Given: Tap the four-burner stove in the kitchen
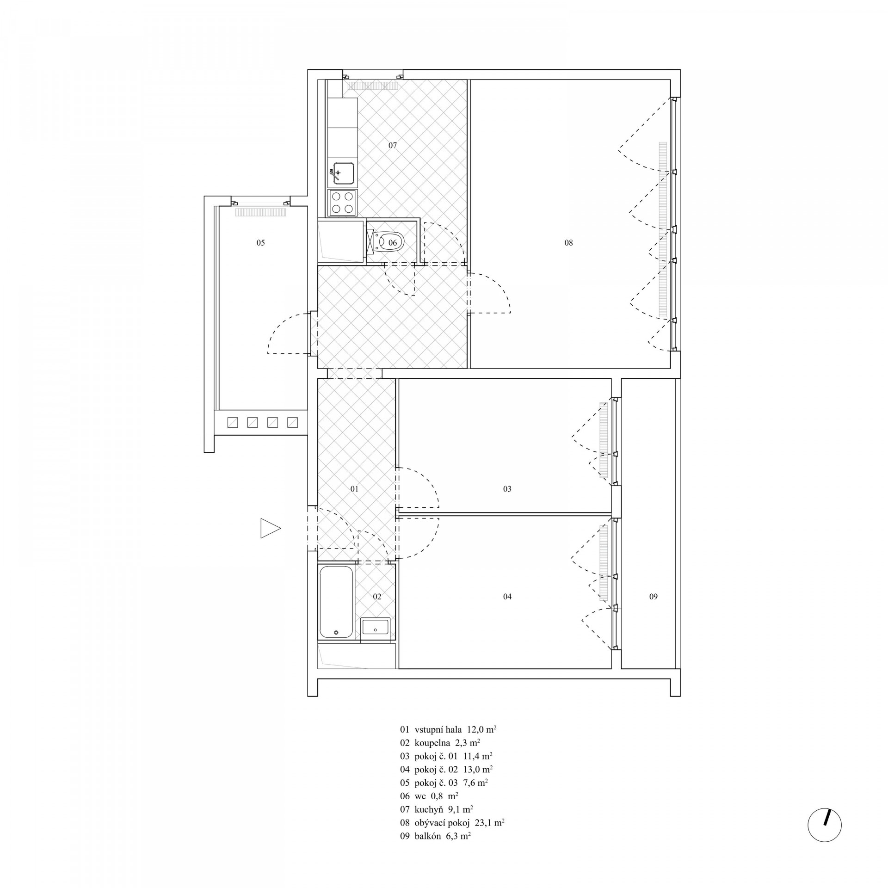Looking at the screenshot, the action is point(342,203).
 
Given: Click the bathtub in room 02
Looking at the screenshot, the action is point(336,602).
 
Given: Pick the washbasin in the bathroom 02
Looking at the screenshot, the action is point(375,627).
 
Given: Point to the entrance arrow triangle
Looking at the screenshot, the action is point(271,528).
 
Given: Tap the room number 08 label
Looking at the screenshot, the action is point(568,243).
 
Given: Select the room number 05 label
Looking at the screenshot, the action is point(260,243).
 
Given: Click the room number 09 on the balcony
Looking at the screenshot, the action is point(653,597).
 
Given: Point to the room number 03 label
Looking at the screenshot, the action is point(507,489).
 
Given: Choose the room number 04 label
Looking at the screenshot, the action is point(507,597).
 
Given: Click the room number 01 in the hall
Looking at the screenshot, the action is point(354,489).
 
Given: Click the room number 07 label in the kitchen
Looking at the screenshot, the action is point(393,145).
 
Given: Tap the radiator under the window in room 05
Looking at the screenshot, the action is point(260,212).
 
